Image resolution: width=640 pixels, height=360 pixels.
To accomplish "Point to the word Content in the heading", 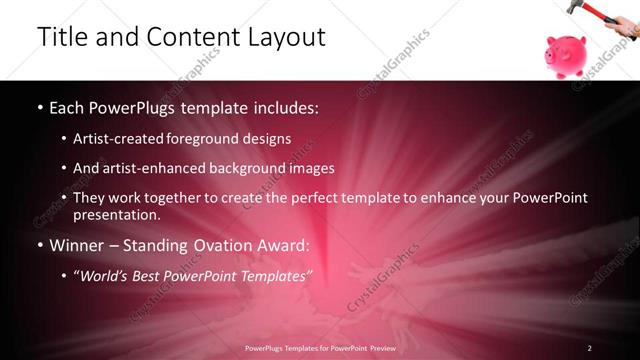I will (188, 37).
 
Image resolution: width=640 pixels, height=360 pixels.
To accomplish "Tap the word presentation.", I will (116, 214).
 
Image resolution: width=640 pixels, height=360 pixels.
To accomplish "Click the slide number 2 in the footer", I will (589, 348).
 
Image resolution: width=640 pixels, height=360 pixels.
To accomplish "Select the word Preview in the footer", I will (378, 348).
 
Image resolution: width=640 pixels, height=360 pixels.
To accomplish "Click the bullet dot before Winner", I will (39, 245).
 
